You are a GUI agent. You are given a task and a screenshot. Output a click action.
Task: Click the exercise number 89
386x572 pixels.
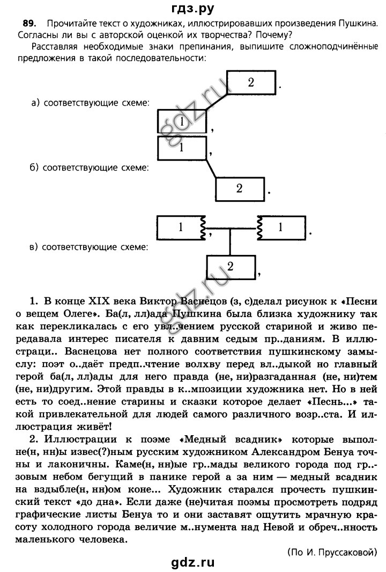29,24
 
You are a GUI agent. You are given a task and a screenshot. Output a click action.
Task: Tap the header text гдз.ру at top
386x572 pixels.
193,8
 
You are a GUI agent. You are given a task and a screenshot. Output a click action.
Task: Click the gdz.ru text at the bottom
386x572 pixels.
193,562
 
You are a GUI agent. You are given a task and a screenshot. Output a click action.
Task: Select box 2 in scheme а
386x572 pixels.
251,82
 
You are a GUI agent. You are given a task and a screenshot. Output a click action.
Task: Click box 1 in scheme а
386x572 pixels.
182,121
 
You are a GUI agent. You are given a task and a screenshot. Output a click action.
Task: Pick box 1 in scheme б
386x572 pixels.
182,148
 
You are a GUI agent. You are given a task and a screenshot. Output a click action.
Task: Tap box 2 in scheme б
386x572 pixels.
240,188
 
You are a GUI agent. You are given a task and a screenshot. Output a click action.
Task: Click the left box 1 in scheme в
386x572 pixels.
181,228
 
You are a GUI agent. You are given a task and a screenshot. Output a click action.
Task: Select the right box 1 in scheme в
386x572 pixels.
281,228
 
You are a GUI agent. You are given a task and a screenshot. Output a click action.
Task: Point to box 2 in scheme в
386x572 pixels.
231,267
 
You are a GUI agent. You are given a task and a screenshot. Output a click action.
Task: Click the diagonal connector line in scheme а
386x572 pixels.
217,102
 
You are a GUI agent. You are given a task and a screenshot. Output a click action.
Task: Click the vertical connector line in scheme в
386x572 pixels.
230,241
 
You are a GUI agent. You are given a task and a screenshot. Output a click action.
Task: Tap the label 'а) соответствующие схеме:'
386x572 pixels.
90,103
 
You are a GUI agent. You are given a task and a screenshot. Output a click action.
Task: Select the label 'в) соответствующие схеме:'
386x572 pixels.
88,247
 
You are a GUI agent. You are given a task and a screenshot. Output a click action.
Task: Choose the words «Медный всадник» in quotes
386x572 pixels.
231,439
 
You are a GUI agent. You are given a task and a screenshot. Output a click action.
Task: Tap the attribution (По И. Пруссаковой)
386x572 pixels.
332,552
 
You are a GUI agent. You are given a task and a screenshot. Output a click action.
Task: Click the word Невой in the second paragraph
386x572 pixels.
279,527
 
